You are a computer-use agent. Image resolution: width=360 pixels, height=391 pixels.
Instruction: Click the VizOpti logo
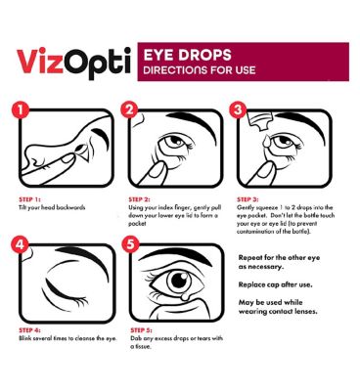(x=73, y=64)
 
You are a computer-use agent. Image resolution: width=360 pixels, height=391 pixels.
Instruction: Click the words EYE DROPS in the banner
(x=187, y=55)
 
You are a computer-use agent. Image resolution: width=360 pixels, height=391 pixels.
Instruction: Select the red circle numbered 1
(x=22, y=110)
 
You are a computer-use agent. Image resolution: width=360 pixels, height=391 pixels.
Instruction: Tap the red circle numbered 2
(x=129, y=110)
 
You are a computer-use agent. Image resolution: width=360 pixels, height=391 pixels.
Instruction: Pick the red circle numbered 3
(x=238, y=110)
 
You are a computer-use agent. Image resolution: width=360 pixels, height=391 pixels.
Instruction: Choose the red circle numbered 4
(x=20, y=244)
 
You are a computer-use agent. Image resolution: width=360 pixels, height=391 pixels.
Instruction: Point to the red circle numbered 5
(x=130, y=244)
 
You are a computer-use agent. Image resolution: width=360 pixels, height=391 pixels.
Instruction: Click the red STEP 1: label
(x=29, y=199)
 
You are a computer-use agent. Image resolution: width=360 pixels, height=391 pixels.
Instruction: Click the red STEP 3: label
(x=247, y=199)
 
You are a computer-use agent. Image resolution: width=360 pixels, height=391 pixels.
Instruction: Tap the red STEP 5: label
(x=141, y=330)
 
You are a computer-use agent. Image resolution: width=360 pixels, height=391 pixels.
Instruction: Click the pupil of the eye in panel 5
(x=179, y=281)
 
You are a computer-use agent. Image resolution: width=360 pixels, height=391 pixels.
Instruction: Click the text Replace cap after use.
(x=275, y=284)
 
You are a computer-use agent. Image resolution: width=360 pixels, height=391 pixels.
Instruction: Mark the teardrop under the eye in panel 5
(x=185, y=297)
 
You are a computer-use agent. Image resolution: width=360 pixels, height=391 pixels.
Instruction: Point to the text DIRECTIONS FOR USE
(x=200, y=70)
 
